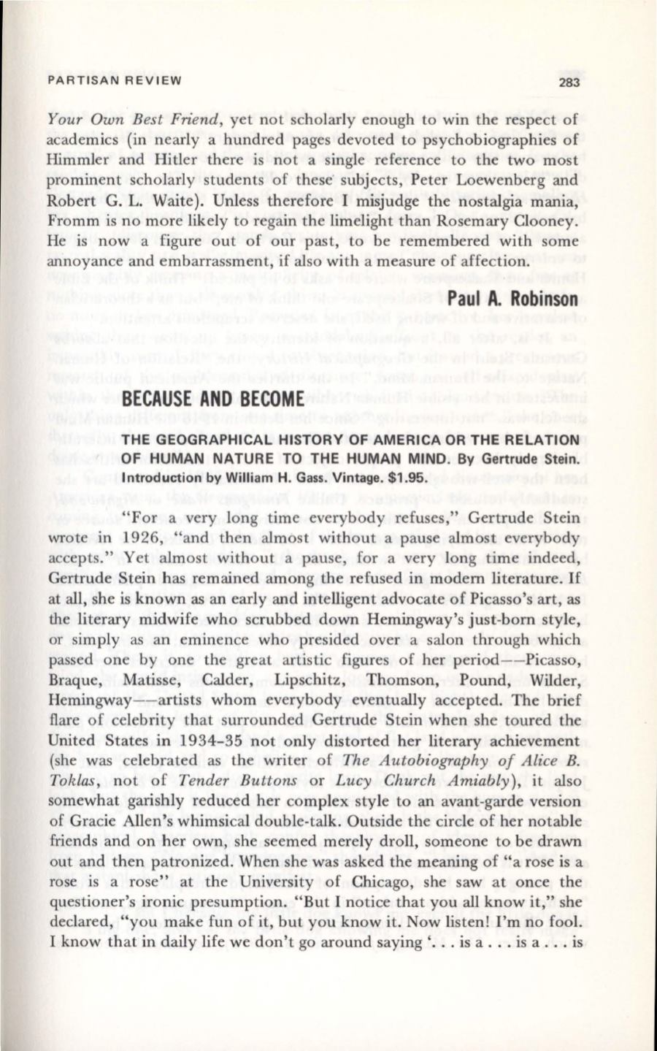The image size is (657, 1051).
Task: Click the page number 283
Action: tap(568, 82)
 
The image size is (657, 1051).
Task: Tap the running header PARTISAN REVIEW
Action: tap(114, 80)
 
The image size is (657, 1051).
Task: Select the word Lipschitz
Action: tap(307, 680)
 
